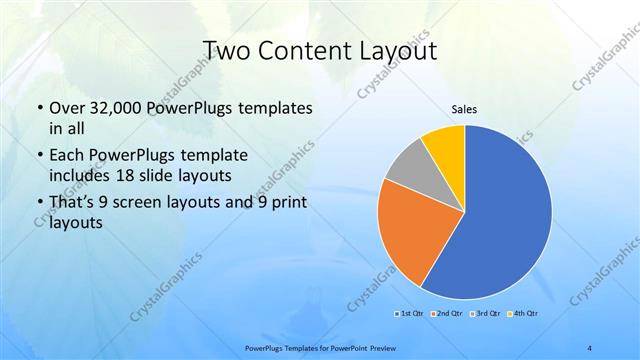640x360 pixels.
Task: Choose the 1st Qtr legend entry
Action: [409, 315]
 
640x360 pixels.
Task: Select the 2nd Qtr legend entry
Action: [446, 315]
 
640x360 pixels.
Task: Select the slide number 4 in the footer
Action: [590, 347]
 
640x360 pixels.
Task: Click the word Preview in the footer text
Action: [378, 347]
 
